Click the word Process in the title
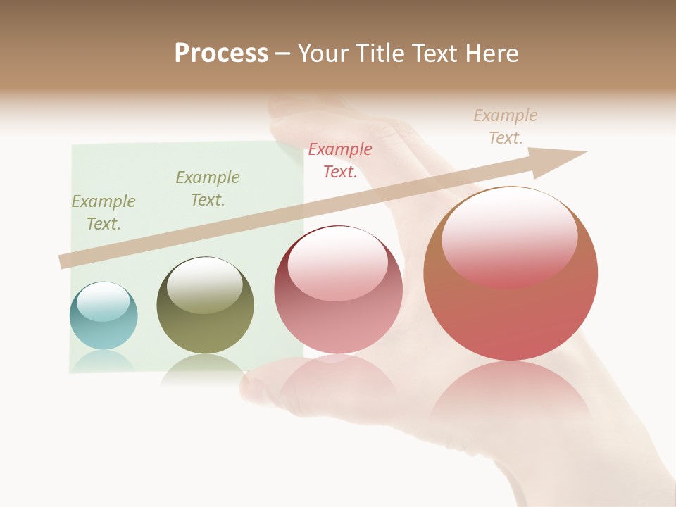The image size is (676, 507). coord(221,54)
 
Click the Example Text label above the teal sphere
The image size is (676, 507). coord(104,213)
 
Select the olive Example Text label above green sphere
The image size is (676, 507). coord(208,189)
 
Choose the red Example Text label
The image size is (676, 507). coord(340,161)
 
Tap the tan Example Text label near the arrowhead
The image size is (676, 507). coord(506,127)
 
